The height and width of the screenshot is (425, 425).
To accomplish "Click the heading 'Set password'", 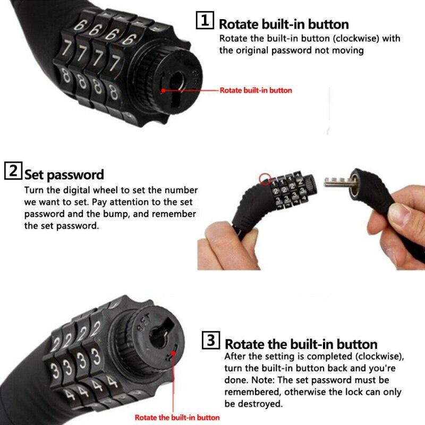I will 64,175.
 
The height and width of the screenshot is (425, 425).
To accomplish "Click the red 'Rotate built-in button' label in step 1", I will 256,90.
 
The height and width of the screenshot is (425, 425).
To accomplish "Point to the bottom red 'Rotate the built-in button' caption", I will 177,418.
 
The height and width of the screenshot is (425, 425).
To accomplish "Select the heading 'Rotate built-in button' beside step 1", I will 284,24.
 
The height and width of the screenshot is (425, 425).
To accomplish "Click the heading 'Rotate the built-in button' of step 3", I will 301,344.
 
